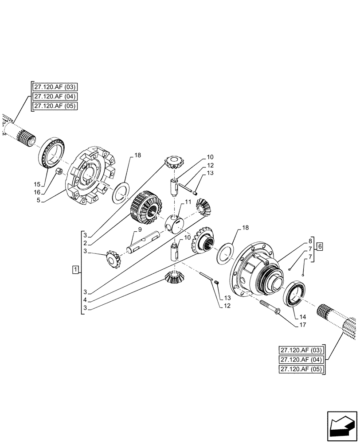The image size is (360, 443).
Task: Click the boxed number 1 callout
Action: point(76,269)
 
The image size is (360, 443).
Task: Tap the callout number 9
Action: point(140,229)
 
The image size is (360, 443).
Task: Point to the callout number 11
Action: point(188,202)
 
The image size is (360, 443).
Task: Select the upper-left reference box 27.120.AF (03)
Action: point(55,87)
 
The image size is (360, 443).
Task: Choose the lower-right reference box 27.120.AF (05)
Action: point(301,369)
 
